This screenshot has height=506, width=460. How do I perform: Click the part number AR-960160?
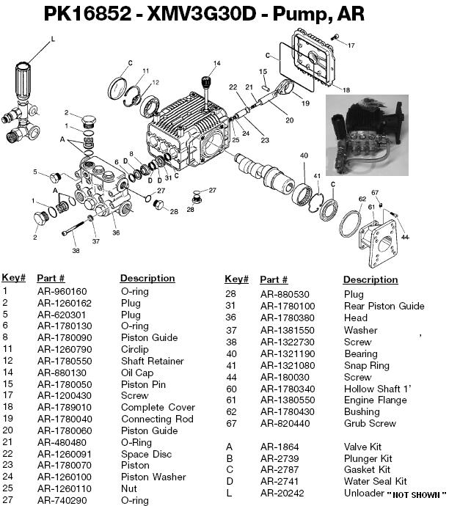coord(62,291)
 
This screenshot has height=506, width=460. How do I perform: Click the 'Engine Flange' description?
coord(375,400)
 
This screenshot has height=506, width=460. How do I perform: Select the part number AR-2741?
coord(280,481)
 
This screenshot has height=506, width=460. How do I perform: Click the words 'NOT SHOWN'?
coord(420,494)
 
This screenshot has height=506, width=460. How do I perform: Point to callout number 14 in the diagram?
coord(216,63)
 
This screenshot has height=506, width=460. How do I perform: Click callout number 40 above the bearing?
coord(304,155)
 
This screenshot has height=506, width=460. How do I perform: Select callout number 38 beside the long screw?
coord(75,250)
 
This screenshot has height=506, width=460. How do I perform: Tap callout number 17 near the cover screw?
coord(351,45)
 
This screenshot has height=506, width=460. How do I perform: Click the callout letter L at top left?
coord(52,45)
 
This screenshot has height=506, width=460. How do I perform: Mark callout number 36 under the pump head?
coord(116,233)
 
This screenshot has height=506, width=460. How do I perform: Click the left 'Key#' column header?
coord(14,278)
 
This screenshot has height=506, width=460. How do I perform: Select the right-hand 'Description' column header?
coord(370,279)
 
